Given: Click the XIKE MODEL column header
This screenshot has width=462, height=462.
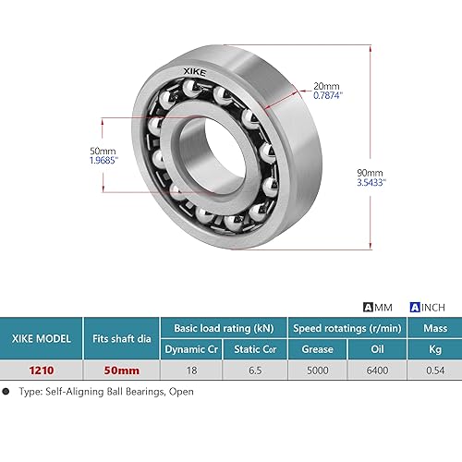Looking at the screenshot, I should [42, 338].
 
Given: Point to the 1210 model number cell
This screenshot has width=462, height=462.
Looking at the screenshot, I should [42, 371].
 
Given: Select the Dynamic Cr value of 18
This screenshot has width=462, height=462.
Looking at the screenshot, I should [191, 371].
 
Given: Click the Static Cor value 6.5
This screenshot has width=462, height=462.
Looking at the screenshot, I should [251, 371].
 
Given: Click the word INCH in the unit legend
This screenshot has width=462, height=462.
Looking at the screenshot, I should [436, 308].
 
